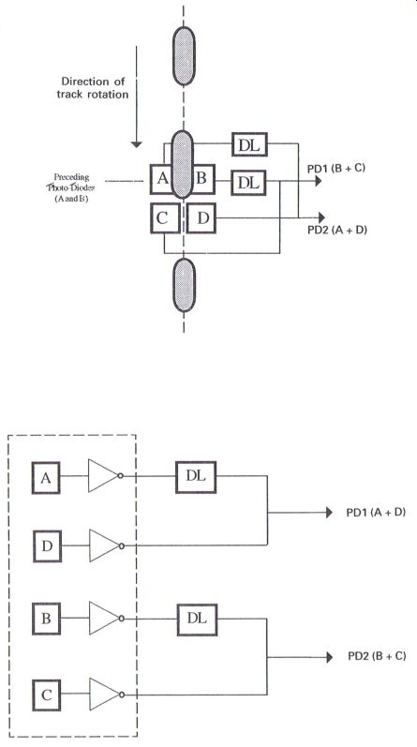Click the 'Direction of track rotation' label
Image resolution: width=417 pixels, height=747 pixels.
[x=93, y=88]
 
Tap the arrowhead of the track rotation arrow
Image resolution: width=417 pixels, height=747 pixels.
[x=136, y=143]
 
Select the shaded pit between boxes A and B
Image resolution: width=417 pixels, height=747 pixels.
[x=182, y=164]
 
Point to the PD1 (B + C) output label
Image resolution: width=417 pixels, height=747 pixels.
[x=336, y=167]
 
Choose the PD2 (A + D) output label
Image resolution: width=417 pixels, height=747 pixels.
[x=337, y=231]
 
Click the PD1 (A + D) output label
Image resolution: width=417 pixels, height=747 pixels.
[x=376, y=513]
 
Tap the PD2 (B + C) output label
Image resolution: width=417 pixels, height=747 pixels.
[x=377, y=656]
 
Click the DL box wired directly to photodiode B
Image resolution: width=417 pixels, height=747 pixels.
[x=248, y=182]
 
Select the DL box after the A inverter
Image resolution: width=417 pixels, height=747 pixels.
[x=196, y=477]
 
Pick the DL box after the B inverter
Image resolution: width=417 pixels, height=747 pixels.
[x=197, y=620]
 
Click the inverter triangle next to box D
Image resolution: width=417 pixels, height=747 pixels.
[x=104, y=545]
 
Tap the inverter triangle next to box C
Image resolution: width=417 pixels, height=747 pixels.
[x=104, y=695]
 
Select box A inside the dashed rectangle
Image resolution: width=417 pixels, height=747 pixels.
[x=46, y=477]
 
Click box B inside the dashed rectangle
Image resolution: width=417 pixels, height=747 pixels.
[x=46, y=619]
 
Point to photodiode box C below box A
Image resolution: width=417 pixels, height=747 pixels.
[x=165, y=217]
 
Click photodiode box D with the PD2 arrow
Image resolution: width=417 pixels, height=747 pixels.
[x=201, y=217]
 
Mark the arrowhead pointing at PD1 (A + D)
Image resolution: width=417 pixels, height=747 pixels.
[x=329, y=513]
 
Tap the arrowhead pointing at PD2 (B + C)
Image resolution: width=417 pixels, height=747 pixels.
[x=329, y=656]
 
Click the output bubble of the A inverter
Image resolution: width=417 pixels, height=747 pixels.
[x=121, y=476]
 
